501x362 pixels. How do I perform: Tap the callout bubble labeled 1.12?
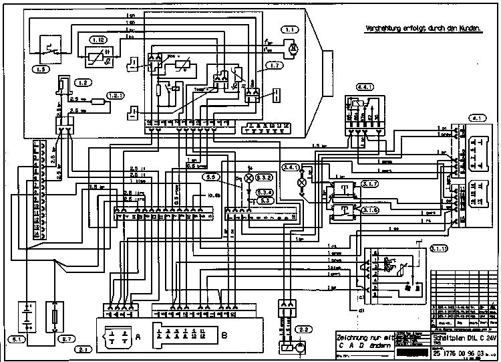tap(99, 41)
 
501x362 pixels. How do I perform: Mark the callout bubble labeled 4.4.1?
tap(364, 88)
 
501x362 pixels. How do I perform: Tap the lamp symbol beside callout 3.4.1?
tap(301, 181)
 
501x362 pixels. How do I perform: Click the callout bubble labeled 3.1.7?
tap(369, 184)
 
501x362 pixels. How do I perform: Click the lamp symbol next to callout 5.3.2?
tap(251, 178)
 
